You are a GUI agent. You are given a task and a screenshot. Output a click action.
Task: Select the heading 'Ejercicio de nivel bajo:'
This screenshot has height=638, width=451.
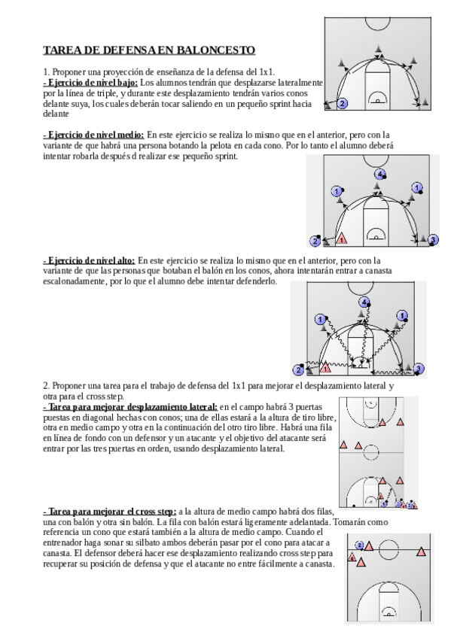point(90,83)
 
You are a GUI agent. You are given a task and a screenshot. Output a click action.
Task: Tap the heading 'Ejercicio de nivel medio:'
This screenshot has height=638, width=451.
point(93,135)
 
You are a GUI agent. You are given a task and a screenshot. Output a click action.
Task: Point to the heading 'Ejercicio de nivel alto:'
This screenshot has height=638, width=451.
point(89,260)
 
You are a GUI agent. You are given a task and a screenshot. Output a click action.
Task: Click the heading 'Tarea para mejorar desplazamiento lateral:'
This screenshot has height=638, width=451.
point(130,407)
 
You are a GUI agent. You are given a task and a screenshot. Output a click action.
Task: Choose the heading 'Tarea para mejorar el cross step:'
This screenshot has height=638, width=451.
point(110,512)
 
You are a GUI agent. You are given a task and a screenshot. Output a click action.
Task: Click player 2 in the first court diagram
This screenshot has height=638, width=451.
point(343,104)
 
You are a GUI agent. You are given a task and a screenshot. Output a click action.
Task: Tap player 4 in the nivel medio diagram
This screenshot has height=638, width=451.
point(379,175)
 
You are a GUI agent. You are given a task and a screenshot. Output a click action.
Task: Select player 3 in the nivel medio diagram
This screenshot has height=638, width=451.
point(434,240)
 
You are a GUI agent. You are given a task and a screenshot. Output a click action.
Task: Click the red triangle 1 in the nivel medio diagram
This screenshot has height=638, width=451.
point(342,239)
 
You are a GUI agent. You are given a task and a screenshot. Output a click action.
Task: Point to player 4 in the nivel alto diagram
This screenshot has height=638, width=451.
point(364,302)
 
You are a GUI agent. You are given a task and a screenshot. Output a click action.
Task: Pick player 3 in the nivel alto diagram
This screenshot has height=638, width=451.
point(419,369)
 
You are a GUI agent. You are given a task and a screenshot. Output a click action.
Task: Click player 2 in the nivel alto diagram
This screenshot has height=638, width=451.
point(299,370)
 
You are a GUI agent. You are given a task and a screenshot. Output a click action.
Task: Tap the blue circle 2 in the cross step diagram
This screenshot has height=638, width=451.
point(359,545)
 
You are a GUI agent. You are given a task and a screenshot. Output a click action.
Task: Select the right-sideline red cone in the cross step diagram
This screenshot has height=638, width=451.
point(422,551)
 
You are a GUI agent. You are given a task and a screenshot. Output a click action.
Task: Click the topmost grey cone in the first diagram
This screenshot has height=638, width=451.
point(379,48)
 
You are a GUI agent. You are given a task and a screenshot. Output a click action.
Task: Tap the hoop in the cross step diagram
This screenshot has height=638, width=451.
point(389,614)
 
